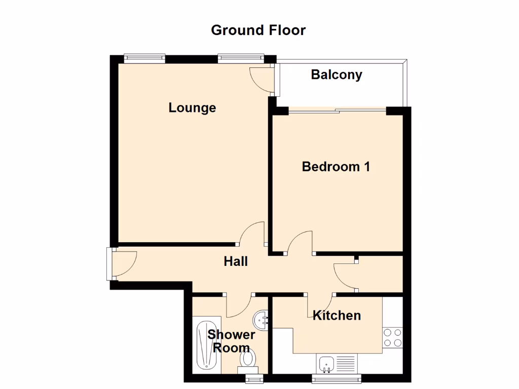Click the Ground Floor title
tap(258, 30)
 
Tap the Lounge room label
tap(192, 108)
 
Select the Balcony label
tap(337, 75)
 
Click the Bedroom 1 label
tap(336, 166)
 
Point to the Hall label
tap(236, 261)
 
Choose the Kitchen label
tap(337, 316)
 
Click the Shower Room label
tap(231, 341)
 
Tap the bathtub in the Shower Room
tap(208, 344)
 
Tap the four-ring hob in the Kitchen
tap(392, 337)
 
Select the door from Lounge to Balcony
tap(263, 79)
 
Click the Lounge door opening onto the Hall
tap(252, 234)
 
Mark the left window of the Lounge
tap(144, 58)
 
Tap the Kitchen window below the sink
tap(337, 377)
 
